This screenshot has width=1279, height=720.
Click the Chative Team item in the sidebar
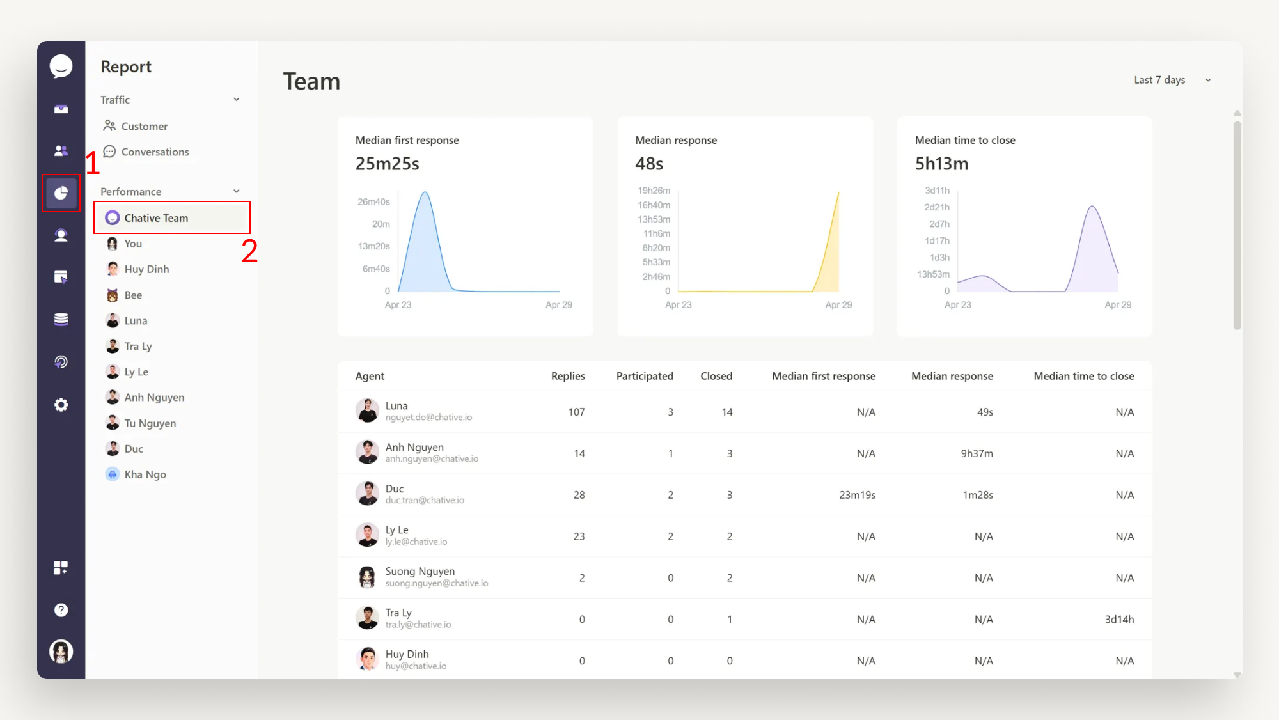tap(156, 218)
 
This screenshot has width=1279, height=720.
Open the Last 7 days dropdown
tap(1172, 80)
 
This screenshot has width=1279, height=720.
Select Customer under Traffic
tap(144, 127)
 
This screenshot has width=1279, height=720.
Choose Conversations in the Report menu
tap(155, 152)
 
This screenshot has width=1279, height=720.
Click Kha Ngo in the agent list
tap(145, 474)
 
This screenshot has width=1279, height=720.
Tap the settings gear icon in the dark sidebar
tap(61, 405)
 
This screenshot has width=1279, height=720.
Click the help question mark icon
tap(61, 610)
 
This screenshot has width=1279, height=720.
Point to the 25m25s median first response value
tap(387, 164)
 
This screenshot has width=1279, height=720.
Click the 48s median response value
tap(648, 164)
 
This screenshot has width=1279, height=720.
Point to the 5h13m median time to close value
tap(941, 164)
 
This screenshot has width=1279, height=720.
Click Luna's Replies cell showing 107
tap(576, 412)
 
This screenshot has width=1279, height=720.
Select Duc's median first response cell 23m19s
tap(857, 496)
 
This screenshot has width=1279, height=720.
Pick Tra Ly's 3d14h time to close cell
tap(1119, 620)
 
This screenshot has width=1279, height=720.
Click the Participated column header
tap(644, 376)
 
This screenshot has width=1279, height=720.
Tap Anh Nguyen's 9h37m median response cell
tap(977, 454)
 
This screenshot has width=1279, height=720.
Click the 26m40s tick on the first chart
tap(373, 202)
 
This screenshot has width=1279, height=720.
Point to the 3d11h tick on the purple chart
tap(937, 191)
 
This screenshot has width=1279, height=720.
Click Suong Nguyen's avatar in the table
tap(367, 577)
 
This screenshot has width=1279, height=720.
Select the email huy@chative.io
tap(416, 666)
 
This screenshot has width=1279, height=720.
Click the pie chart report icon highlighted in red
tap(61, 193)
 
